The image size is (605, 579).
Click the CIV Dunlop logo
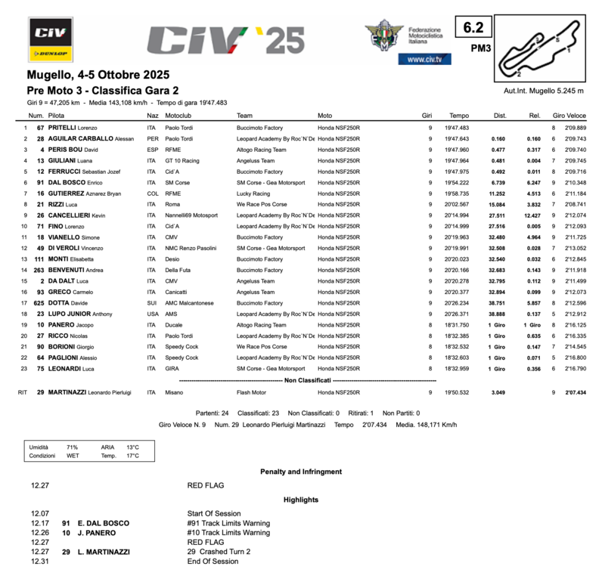coord(49,39)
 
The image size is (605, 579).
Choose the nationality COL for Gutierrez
coord(153,194)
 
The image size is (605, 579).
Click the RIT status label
coord(23,392)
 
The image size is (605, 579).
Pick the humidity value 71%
coord(72,447)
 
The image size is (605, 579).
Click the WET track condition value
coord(72,456)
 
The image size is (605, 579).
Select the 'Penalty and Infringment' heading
coord(300,472)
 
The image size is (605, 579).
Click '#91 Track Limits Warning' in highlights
coord(228,523)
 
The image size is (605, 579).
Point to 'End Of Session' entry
coord(213,562)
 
